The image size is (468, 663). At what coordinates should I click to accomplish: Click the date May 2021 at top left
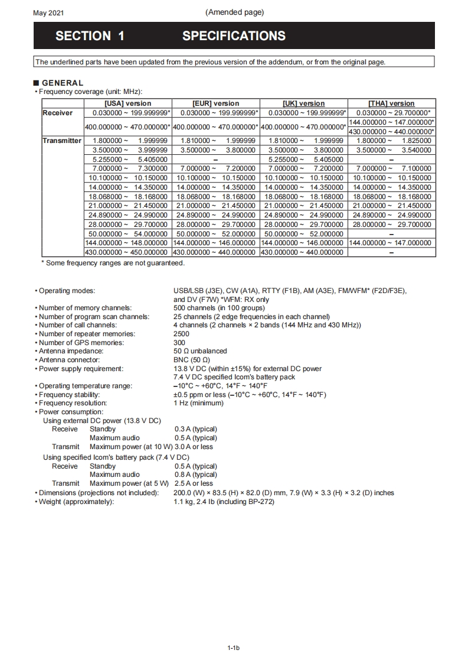point(48,13)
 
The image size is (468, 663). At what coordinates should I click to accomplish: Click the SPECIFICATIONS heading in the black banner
point(234,36)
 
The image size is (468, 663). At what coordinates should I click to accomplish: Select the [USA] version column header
point(127,103)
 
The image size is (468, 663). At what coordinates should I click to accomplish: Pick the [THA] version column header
point(392,103)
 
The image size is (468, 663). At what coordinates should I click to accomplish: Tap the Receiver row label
point(58,113)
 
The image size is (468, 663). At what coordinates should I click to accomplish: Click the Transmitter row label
point(62,141)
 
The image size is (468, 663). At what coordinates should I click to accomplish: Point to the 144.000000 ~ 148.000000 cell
point(127,243)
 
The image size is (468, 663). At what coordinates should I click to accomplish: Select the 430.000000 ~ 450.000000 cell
point(127,252)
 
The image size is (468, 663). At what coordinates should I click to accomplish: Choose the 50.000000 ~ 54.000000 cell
point(127,234)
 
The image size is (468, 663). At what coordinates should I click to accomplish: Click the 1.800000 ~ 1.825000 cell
point(392,141)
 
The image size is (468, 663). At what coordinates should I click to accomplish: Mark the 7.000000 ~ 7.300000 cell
point(127,168)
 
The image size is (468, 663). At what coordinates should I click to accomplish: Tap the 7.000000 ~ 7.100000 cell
point(392,168)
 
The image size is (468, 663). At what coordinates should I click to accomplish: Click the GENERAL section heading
point(63,83)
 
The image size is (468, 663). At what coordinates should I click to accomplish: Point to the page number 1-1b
point(234,648)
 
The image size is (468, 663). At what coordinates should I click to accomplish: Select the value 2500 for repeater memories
point(182,334)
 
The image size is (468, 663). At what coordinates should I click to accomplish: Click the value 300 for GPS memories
point(179,343)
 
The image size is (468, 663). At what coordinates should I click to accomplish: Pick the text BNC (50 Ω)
point(192,360)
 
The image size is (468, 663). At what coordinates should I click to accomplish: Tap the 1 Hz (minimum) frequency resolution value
point(199,403)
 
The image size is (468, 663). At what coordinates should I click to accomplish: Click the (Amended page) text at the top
point(235,12)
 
